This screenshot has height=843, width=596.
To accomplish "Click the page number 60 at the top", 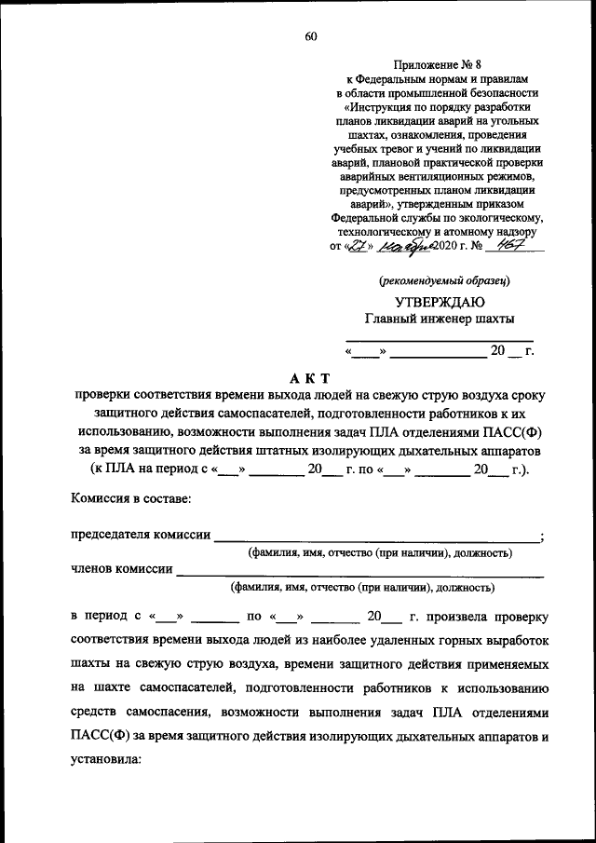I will pos(311,36).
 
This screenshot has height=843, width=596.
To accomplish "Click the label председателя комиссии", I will pos(141,535).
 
